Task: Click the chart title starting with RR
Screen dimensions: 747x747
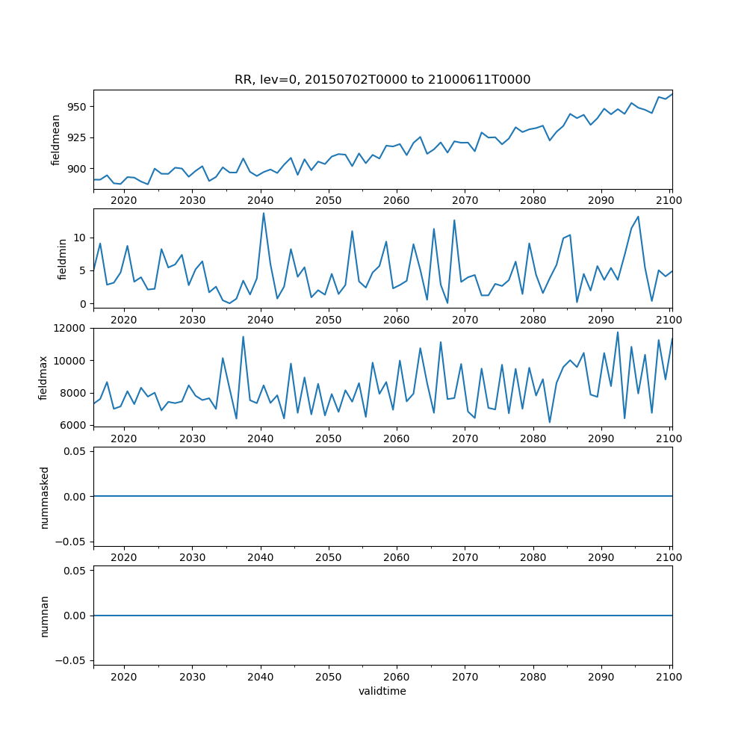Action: (382, 80)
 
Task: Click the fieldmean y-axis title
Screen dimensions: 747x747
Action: (55, 140)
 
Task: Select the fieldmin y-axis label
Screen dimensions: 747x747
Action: (63, 258)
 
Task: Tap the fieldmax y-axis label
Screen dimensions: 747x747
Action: (43, 377)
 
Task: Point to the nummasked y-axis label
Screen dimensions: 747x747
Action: (44, 497)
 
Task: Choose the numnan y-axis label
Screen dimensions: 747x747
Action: (44, 616)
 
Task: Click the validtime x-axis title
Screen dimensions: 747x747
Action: (382, 691)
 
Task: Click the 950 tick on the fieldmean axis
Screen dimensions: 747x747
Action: (78, 107)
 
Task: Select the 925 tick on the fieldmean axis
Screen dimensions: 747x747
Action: (78, 137)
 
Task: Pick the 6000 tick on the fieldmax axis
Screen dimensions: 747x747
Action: (72, 425)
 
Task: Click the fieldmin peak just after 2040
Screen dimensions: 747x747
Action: (263, 213)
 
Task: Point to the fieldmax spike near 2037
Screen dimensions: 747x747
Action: (243, 336)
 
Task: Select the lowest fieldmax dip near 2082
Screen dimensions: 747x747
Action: (550, 422)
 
